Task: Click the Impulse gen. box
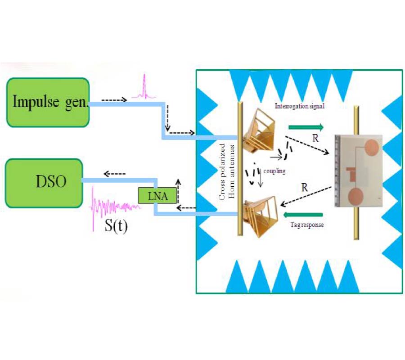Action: [48, 102]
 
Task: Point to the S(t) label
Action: [116, 224]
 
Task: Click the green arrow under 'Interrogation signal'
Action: [306, 127]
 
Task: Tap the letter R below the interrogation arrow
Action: [316, 138]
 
